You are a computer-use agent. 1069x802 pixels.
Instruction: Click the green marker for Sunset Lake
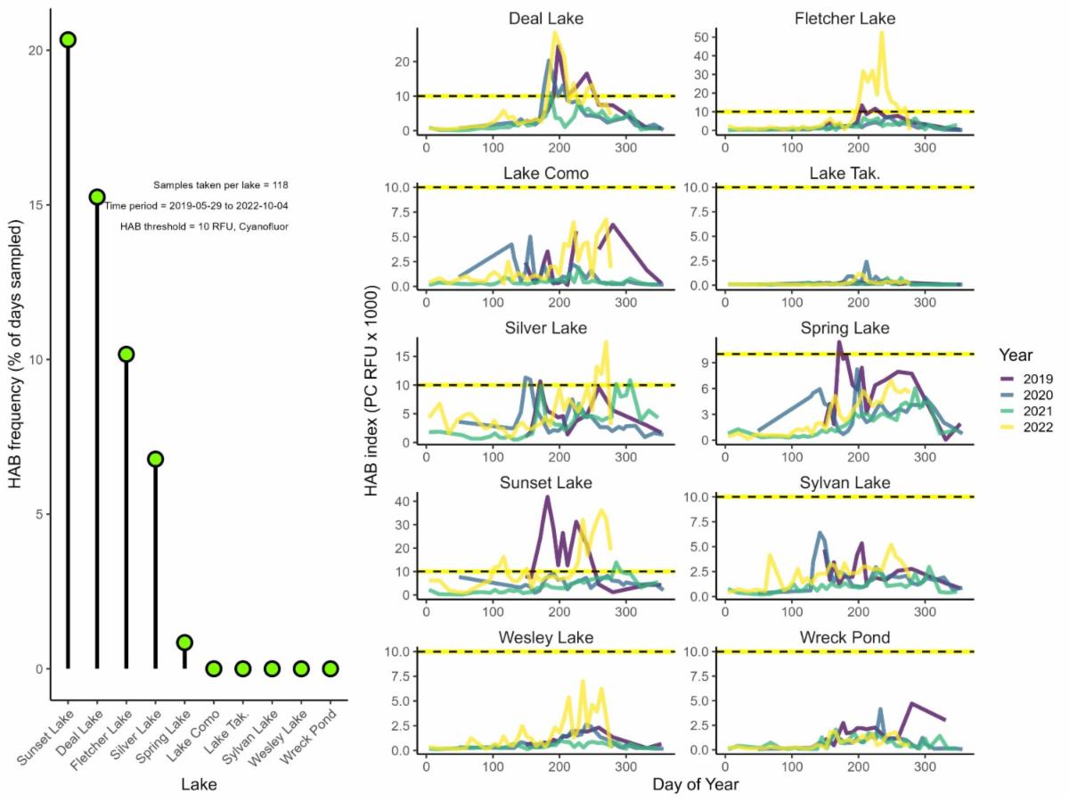[x=68, y=39]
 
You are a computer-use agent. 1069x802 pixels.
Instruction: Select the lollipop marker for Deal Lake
[x=97, y=196]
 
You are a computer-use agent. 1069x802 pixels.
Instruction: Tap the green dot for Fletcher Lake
[x=126, y=354]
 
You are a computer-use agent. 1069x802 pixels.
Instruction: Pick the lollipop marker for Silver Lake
[x=155, y=459]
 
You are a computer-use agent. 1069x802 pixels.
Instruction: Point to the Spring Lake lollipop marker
[x=184, y=642]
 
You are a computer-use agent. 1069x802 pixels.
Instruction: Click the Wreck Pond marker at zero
[x=330, y=668]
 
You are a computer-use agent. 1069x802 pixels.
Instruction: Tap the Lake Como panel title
[x=548, y=173]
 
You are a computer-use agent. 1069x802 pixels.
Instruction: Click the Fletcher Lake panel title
[x=845, y=18]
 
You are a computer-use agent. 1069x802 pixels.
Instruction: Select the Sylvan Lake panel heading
[x=845, y=483]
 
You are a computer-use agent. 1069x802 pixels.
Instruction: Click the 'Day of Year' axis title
[x=695, y=785]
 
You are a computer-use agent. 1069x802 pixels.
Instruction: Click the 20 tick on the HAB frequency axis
[x=36, y=51]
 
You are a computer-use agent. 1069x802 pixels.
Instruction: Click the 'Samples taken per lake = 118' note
[x=220, y=185]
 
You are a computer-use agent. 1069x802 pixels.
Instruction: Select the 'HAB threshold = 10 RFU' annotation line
[x=204, y=226]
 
